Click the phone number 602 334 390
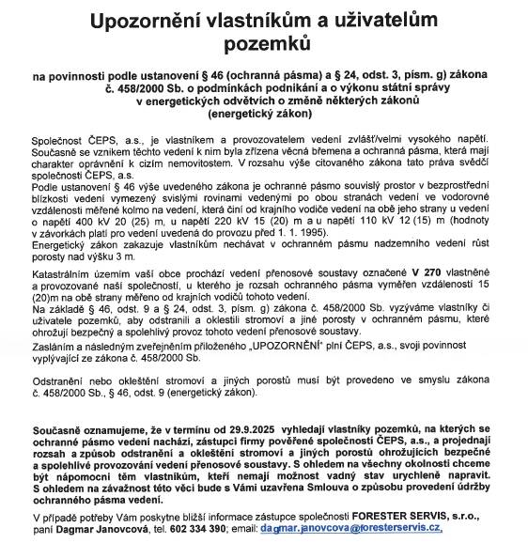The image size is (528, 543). click(x=209, y=529)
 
